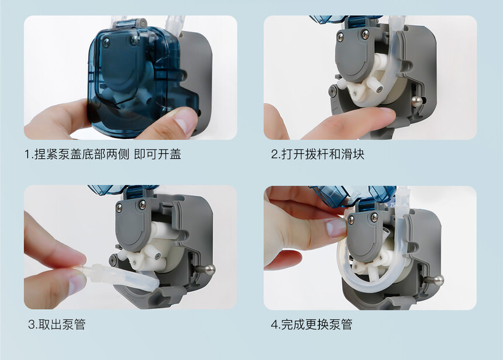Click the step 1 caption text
[103, 154]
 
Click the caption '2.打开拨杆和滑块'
[318, 154]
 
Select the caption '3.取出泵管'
[57, 324]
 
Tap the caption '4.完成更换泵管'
[312, 324]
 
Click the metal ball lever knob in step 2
[416, 101]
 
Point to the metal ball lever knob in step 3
[210, 269]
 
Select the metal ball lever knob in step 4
[439, 281]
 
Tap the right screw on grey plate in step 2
[365, 34]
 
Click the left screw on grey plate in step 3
[119, 208]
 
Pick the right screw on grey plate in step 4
[374, 217]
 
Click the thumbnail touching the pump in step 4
[336, 227]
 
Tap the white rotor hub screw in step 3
[157, 256]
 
